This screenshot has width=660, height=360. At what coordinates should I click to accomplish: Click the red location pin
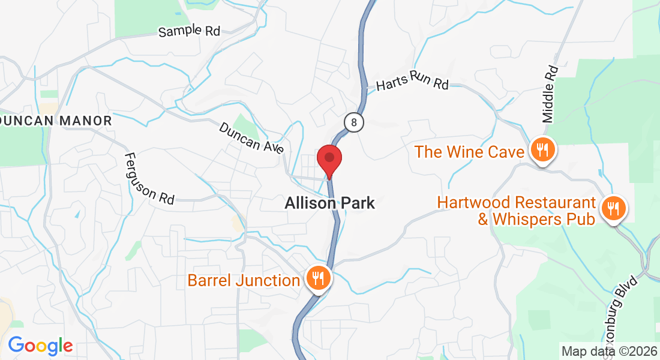[x=329, y=159]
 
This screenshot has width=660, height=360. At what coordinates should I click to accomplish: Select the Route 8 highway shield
[x=355, y=122]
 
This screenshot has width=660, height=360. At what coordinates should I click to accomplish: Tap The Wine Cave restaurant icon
[x=543, y=150]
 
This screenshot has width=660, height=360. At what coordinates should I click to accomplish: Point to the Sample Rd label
[x=189, y=31]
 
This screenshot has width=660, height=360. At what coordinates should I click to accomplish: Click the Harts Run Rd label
[x=412, y=81]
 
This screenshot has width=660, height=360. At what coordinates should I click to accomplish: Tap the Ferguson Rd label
[x=149, y=178]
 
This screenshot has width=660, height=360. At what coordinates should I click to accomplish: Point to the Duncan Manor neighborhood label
[x=56, y=121]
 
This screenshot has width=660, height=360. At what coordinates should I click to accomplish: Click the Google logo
[x=40, y=346]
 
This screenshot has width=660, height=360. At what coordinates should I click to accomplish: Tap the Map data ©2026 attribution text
[x=609, y=351]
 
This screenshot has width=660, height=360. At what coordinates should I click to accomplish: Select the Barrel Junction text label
[x=244, y=280]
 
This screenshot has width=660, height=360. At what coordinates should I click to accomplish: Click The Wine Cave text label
[x=469, y=152]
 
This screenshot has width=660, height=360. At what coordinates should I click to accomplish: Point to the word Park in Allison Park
[x=355, y=203]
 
